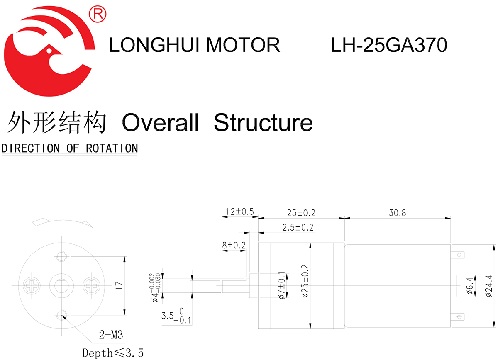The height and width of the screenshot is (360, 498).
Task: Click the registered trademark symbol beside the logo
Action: tap(98, 14)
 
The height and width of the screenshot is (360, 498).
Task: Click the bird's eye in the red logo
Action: tap(49, 51)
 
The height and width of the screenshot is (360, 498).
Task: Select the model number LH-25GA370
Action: tap(389, 45)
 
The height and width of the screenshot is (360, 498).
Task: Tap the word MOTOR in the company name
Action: tap(243, 45)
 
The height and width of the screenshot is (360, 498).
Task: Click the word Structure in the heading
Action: tap(263, 122)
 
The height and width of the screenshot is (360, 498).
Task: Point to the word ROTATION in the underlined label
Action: tap(112, 148)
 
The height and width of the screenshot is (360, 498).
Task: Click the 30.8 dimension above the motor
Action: tap(397, 213)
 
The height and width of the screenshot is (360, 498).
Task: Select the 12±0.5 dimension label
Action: tap(239, 212)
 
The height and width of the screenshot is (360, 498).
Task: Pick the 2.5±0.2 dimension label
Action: tap(298, 227)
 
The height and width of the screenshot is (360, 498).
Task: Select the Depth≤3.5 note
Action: tap(113, 353)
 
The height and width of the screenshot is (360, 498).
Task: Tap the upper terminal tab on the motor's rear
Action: tap(458, 254)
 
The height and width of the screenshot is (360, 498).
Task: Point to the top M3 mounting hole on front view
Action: tap(62, 256)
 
